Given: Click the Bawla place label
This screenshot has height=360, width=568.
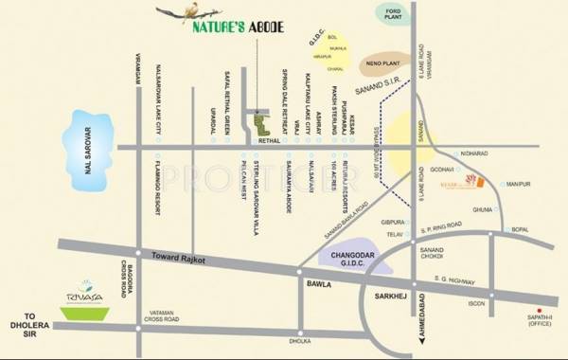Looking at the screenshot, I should click(315, 282).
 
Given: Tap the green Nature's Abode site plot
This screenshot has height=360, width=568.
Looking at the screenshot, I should click(258, 125).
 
